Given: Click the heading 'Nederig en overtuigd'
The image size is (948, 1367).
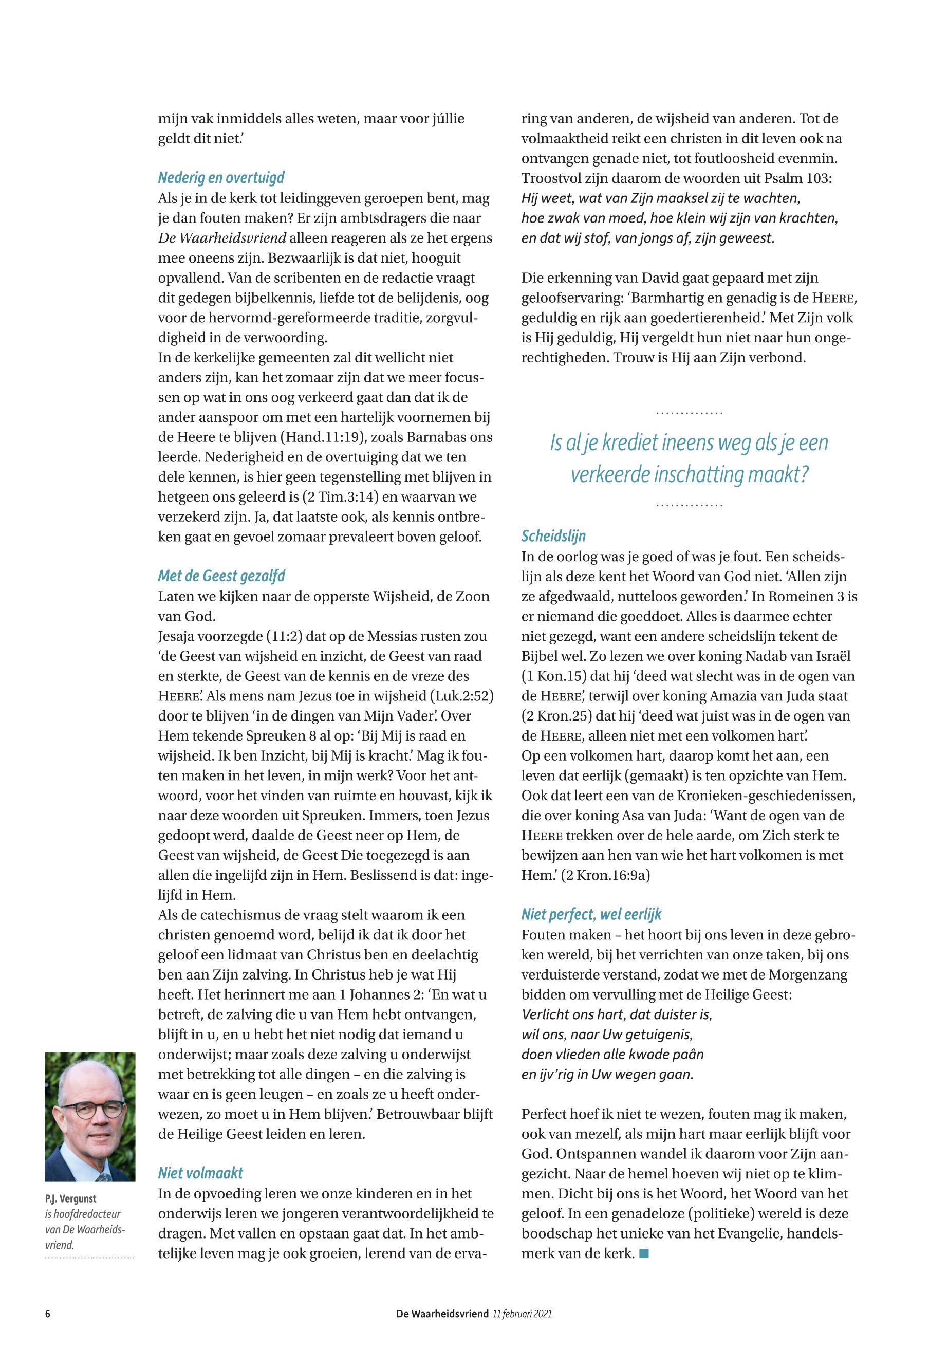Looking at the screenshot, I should point(221,178).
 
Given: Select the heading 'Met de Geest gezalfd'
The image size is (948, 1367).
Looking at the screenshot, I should point(221,576).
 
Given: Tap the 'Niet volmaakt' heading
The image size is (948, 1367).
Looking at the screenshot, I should point(200,1173).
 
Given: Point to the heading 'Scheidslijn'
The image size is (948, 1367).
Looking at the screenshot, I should point(553,536).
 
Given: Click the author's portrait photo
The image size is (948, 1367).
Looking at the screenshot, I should point(90,1117).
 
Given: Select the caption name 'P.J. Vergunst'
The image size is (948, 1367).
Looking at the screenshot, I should point(71,1198).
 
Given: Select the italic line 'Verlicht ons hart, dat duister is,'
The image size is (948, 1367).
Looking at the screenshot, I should point(617,1014).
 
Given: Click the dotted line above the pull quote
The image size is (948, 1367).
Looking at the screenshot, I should point(689,413).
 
